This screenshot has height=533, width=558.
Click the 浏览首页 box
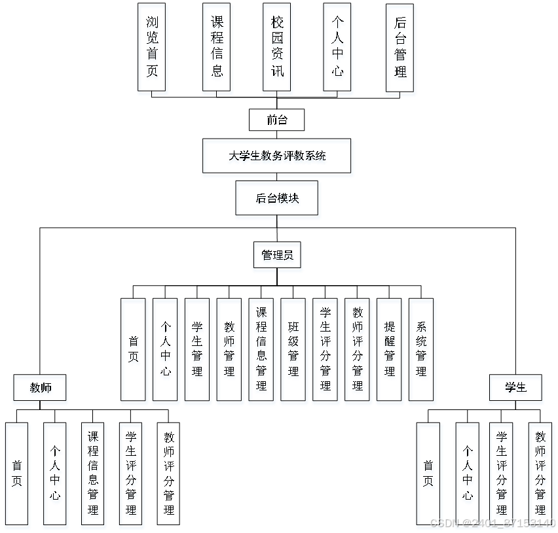(153, 49)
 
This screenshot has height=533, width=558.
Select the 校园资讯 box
(278, 49)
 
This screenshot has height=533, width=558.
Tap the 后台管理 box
(401, 49)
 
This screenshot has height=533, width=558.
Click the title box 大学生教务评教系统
(278, 158)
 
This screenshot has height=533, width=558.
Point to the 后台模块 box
(278, 200)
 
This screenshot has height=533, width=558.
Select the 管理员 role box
(278, 257)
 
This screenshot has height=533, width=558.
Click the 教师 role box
(41, 390)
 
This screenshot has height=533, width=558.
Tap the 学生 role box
(516, 390)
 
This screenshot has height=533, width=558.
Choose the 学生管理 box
(198, 352)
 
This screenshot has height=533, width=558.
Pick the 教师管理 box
(230, 352)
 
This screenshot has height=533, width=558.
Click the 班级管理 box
(293, 352)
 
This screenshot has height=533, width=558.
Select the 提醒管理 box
(390, 352)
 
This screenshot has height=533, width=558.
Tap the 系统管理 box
(422, 352)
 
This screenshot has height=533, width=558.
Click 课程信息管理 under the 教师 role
(94, 475)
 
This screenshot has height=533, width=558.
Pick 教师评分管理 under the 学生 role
(541, 475)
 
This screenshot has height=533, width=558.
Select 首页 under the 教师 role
(18, 475)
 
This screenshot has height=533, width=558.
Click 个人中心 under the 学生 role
(468, 475)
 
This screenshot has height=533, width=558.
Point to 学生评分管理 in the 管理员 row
(325, 352)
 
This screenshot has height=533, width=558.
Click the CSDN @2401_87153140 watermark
(492, 523)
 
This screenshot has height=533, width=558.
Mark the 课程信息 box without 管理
(217, 49)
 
